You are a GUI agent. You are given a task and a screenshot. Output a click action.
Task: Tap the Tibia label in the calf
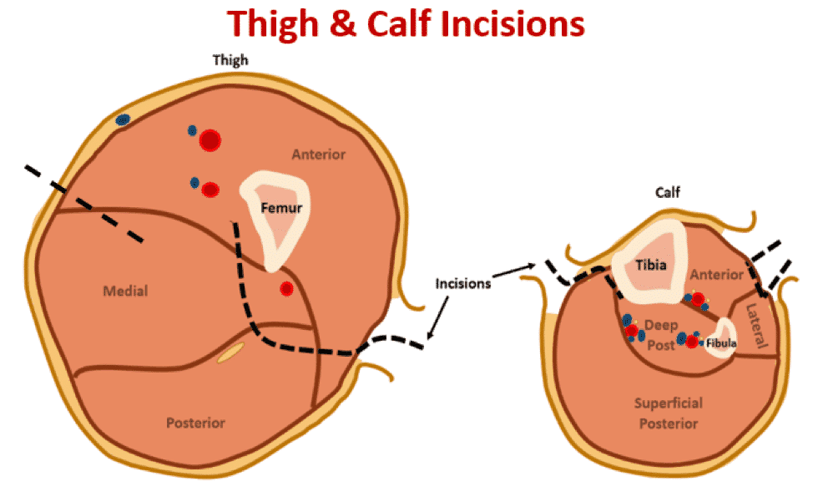pos(650,266)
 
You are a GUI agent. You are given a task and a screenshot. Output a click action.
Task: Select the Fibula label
pos(721,342)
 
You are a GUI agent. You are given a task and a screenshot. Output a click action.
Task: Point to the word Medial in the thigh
pos(125,292)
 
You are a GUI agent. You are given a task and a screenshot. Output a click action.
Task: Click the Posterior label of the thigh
pos(195,423)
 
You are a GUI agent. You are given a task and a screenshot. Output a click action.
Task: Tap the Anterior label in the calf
pos(716,274)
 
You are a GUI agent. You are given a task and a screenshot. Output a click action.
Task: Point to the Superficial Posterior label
pos(669,413)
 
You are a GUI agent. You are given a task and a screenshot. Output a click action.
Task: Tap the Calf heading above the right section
pos(668,193)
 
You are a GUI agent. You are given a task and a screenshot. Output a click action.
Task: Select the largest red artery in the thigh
pos(210,140)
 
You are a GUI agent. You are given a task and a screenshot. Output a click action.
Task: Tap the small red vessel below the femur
pos(286,289)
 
